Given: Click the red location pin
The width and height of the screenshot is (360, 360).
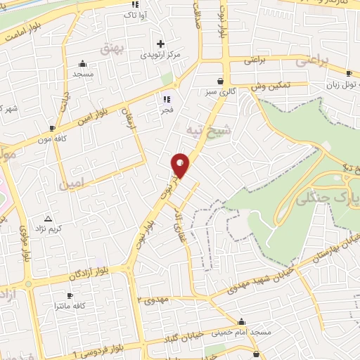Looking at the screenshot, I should pos(181,165).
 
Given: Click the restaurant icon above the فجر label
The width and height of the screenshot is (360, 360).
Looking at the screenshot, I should pos(167,99).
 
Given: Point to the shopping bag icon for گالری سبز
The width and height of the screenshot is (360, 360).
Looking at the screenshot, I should pos(221,81).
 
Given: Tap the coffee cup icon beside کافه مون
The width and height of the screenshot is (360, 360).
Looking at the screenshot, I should pos(53,127).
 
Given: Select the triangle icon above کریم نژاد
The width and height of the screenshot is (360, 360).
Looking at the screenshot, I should pos(48,218).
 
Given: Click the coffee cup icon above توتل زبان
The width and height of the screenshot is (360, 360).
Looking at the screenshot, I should pos(349,73).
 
